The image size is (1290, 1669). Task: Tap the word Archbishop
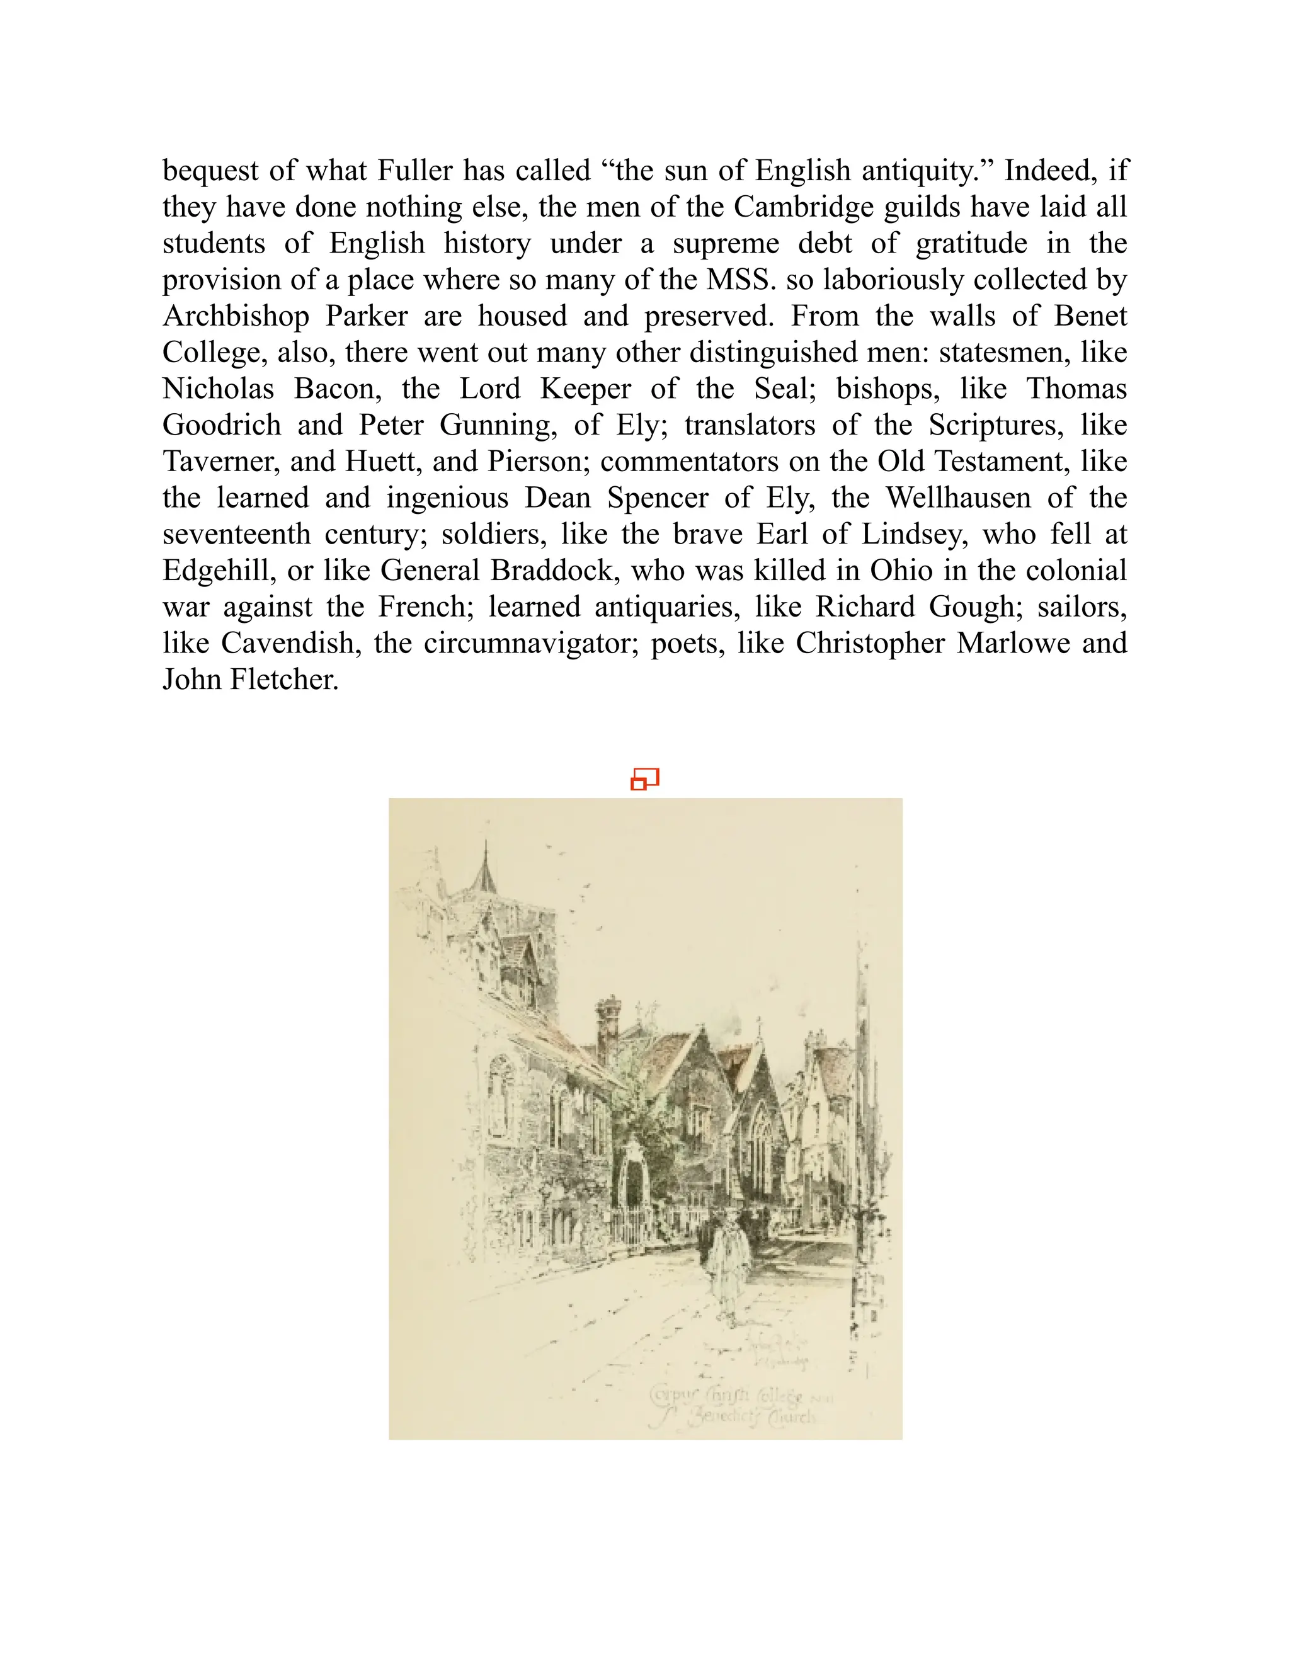236,316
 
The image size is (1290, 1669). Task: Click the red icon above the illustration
644,778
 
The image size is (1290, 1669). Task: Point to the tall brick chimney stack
608,1028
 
